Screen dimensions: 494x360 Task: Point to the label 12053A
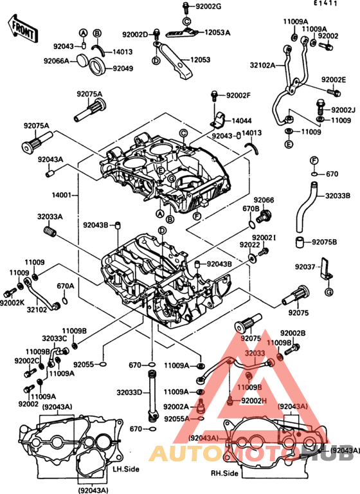click(x=217, y=32)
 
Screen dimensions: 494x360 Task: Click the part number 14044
click(x=242, y=120)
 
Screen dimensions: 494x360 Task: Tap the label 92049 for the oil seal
click(x=123, y=68)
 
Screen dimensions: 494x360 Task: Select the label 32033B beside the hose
click(x=338, y=196)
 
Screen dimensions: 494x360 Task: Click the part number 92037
click(x=305, y=266)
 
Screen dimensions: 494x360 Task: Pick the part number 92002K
click(x=13, y=302)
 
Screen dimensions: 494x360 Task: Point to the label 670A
click(x=66, y=286)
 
